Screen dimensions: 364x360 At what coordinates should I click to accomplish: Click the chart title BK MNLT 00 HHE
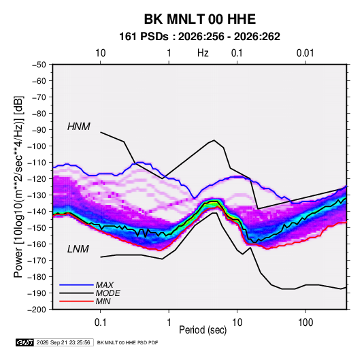point(200,19)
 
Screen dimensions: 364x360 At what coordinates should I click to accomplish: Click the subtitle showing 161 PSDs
point(199,37)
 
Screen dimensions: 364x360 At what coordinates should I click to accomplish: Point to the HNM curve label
point(79,127)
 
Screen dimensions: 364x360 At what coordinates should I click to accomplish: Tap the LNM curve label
point(78,249)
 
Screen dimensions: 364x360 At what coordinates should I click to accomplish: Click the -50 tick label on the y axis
point(39,65)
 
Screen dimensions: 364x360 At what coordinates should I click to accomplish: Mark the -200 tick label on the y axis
point(37,310)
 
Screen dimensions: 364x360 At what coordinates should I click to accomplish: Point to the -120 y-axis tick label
point(37,178)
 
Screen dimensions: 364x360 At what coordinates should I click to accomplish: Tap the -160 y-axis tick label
point(37,244)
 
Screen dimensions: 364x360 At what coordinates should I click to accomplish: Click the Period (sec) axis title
point(203,330)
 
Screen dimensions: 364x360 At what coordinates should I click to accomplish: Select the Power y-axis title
point(18,186)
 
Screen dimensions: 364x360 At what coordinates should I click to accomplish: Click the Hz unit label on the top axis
point(203,53)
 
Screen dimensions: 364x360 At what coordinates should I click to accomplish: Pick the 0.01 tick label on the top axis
point(305,53)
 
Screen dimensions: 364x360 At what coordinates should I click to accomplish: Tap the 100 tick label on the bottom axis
point(305,323)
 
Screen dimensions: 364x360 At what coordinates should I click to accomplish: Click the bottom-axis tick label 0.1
point(100,323)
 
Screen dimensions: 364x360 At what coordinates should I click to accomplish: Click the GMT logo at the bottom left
point(25,342)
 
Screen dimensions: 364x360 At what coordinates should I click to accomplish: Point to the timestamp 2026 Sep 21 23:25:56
point(63,342)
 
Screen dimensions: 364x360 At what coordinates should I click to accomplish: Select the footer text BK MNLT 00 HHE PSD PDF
point(127,342)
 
